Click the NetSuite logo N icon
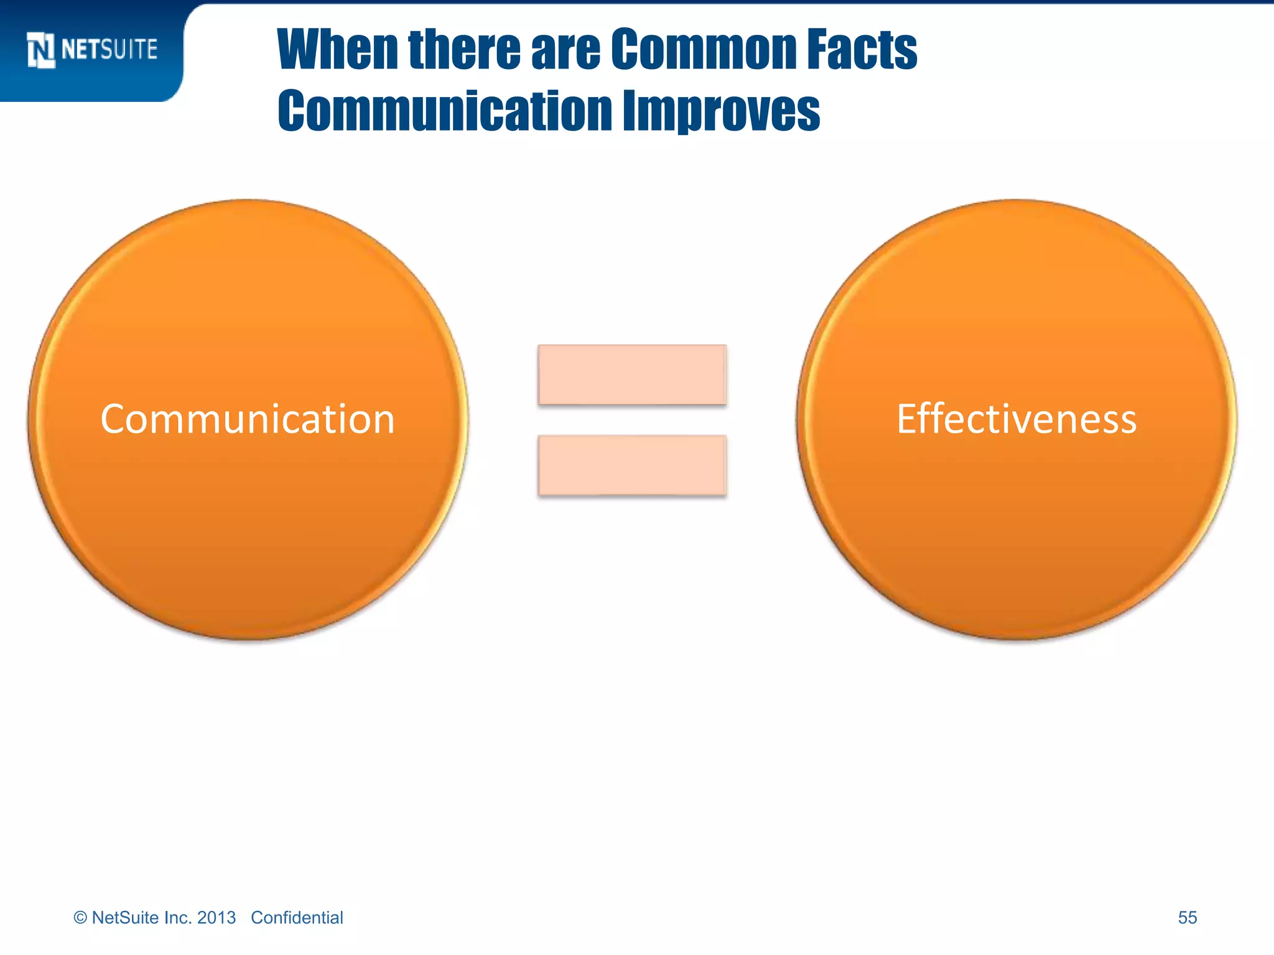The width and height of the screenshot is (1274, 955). pos(41,50)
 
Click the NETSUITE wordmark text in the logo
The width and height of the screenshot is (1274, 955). pos(109,49)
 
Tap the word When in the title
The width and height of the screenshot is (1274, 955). pos(337,49)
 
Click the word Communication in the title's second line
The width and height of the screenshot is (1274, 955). pos(445,111)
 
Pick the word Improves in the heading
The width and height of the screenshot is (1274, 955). pos(721,111)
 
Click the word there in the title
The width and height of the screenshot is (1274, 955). pos(464,49)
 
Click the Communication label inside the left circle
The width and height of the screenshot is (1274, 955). pos(248,419)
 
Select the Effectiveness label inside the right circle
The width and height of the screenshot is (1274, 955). pos(1016,419)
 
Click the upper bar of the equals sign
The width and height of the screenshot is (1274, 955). pos(632,375)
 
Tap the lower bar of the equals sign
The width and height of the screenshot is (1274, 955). pos(632,465)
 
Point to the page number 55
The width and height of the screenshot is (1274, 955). pos(1187,918)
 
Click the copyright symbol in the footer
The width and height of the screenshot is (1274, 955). pos(80,918)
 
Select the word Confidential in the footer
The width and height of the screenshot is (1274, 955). pos(297,918)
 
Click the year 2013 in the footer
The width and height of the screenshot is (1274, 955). pos(216,918)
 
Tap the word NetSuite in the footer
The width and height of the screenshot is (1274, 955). pos(125,918)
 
